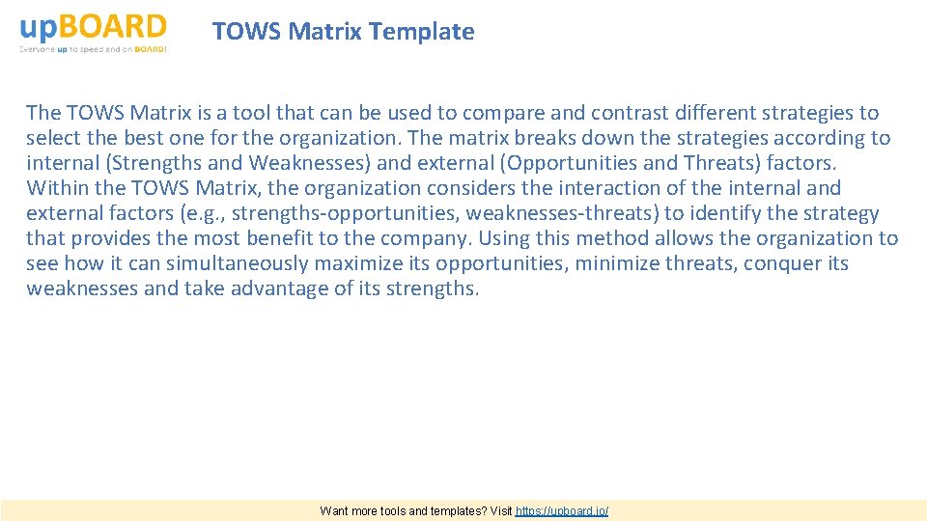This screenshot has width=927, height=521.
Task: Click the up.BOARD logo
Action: [93, 26]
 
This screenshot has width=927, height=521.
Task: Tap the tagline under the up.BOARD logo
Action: [93, 49]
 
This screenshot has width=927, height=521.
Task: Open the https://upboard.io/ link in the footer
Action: [562, 510]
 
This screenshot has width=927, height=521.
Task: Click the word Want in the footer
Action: [336, 510]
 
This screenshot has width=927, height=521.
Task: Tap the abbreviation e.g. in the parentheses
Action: [205, 213]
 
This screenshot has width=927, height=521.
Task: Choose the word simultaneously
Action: [248, 263]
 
